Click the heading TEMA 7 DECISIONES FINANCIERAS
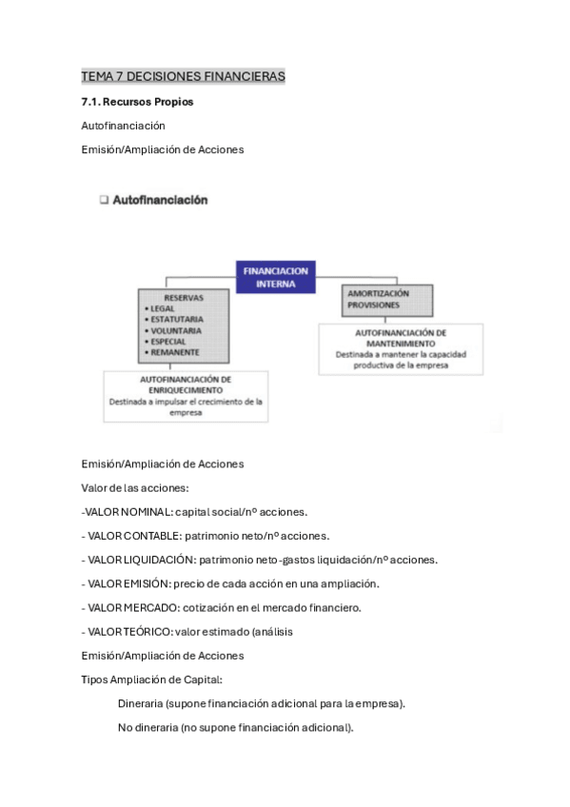click(x=184, y=76)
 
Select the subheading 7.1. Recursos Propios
click(x=138, y=101)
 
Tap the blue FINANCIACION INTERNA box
click(x=276, y=276)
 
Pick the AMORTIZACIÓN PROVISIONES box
click(x=387, y=300)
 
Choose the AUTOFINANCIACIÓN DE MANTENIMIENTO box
click(x=400, y=347)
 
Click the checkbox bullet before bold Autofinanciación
click(x=104, y=201)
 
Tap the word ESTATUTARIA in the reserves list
click(x=174, y=320)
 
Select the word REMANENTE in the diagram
click(x=173, y=352)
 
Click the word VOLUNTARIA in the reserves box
click(x=175, y=330)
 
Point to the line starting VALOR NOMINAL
click(x=195, y=512)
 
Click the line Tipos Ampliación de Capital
click(x=152, y=679)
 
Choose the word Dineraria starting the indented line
click(x=141, y=703)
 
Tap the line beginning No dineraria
click(x=236, y=727)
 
